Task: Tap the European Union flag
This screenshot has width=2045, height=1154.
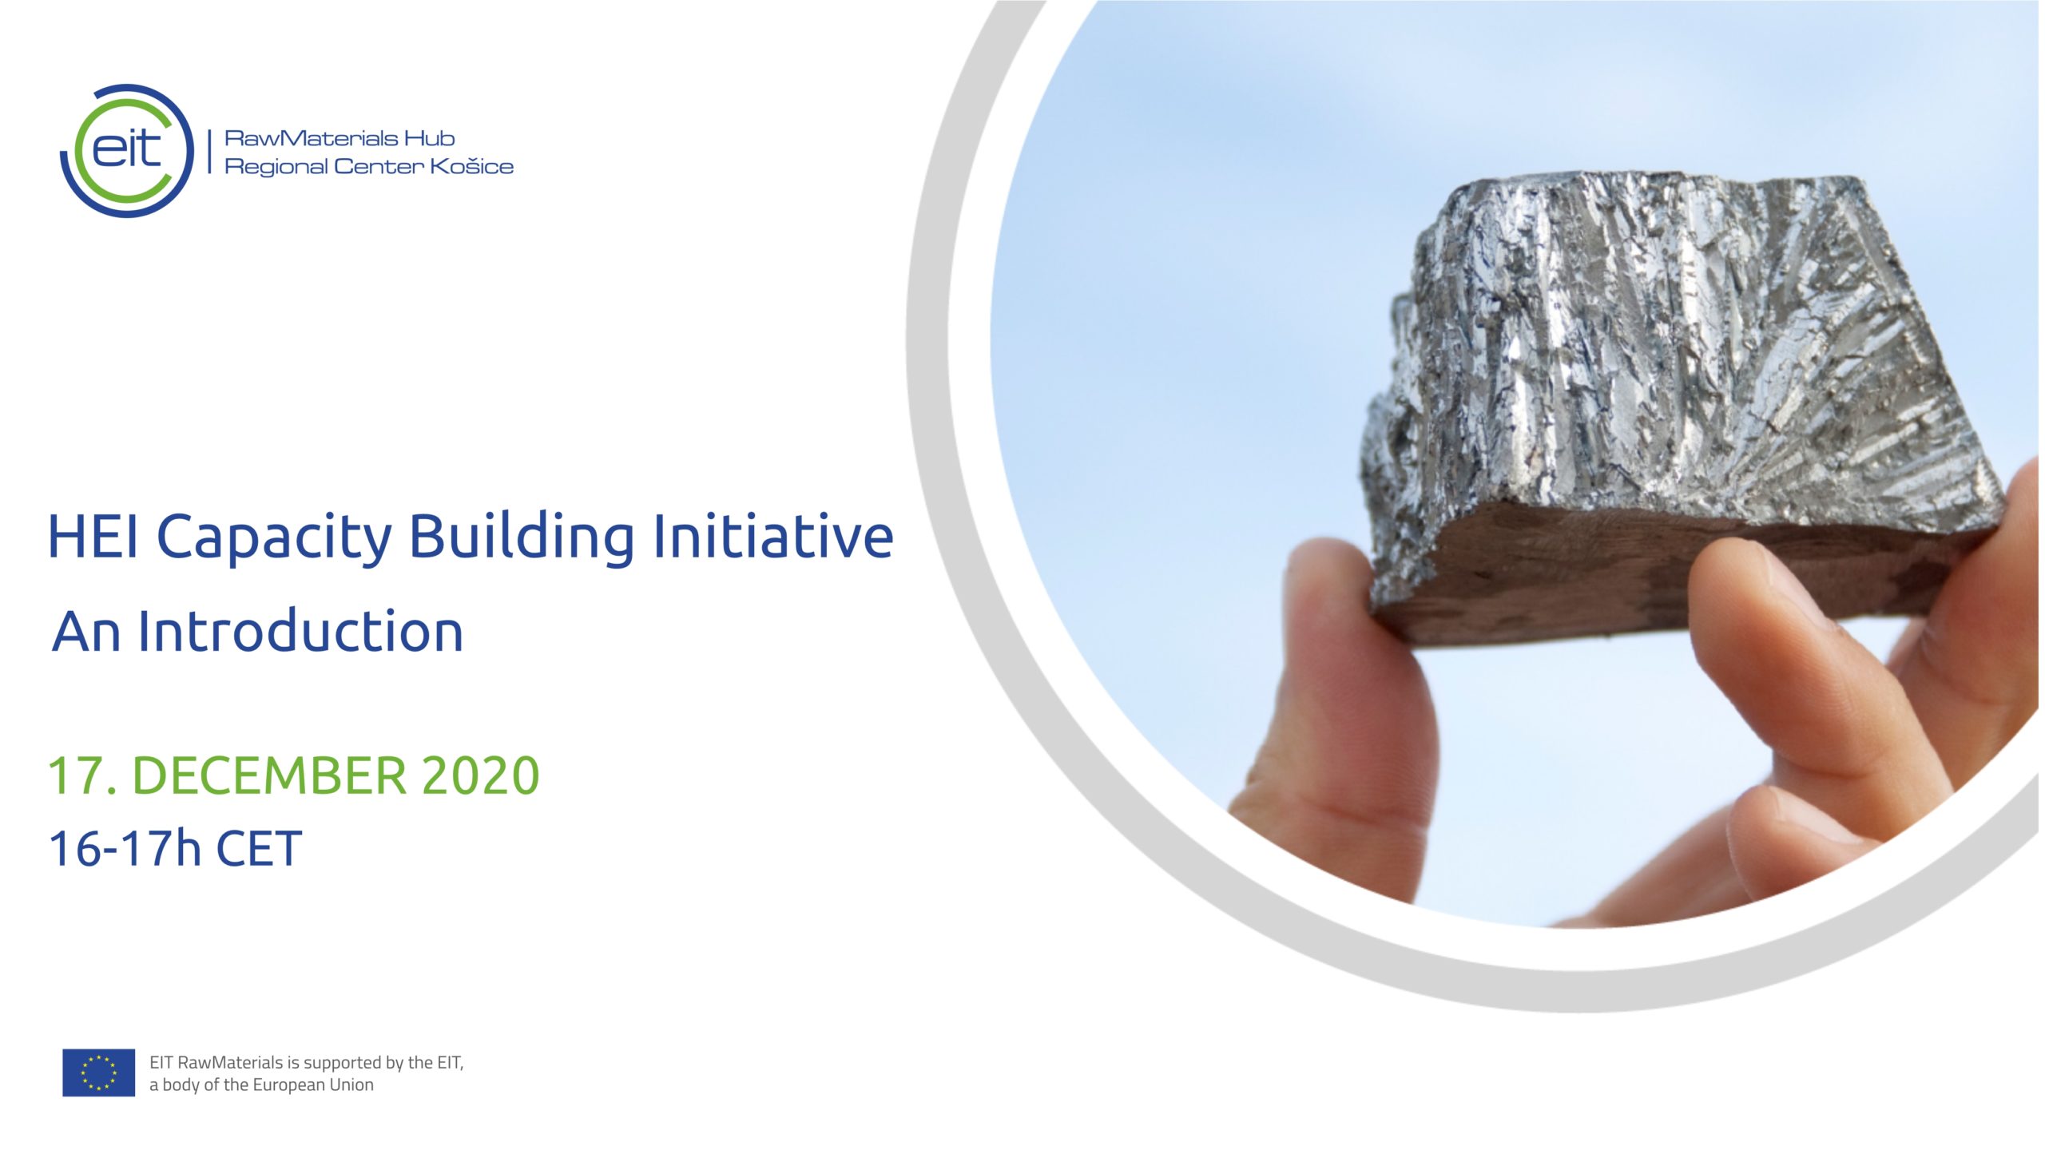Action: point(98,1073)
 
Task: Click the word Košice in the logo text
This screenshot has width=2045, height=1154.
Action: point(471,166)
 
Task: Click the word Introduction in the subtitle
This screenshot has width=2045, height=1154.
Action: point(300,631)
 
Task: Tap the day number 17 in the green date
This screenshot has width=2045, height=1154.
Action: point(76,775)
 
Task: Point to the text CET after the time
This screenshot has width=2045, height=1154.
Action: point(259,848)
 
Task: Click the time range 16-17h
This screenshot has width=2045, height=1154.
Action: point(125,848)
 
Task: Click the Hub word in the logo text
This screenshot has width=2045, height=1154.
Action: point(429,138)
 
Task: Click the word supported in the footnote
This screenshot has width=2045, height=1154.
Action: point(343,1063)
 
